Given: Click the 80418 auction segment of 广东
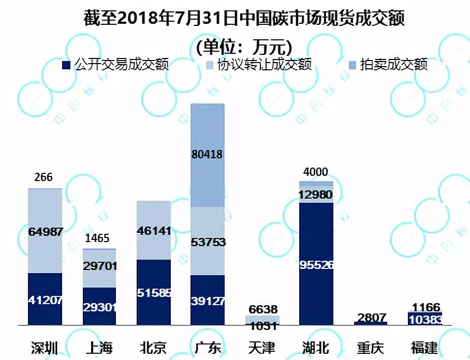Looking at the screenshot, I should (x=208, y=155).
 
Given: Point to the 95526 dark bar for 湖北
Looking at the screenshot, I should (x=316, y=264).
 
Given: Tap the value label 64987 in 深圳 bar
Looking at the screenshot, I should (x=45, y=232).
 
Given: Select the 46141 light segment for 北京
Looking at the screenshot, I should (x=153, y=230).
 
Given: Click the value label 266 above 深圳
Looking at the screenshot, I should (x=43, y=177).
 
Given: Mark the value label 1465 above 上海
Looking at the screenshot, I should (x=98, y=238).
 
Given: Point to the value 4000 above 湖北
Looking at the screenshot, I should (x=315, y=172).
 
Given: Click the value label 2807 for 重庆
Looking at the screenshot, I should (x=372, y=317).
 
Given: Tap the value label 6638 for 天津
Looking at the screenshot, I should (x=263, y=309).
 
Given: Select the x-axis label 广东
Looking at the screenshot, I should (x=207, y=347).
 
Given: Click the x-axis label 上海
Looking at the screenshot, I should (x=99, y=347).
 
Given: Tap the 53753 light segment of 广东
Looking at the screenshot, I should (x=208, y=242).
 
